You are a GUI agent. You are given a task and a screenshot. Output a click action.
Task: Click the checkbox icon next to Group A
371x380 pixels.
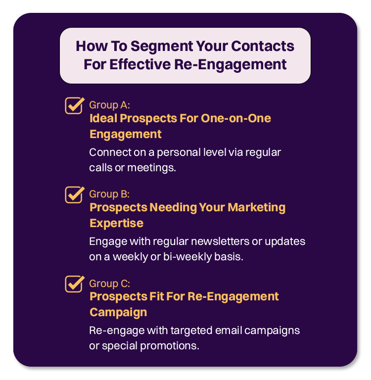(x=74, y=105)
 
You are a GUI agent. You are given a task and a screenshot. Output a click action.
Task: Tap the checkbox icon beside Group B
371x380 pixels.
(x=74, y=194)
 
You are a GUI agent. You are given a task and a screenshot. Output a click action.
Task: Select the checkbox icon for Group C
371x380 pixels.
(x=74, y=284)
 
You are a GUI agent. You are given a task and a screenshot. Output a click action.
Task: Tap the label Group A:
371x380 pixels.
(x=109, y=105)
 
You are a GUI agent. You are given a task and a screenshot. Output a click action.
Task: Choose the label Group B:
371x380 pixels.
(x=109, y=194)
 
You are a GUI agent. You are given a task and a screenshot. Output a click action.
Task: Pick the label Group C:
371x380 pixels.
(x=109, y=284)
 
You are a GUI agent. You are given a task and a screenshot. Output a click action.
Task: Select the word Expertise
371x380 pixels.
(x=116, y=223)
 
